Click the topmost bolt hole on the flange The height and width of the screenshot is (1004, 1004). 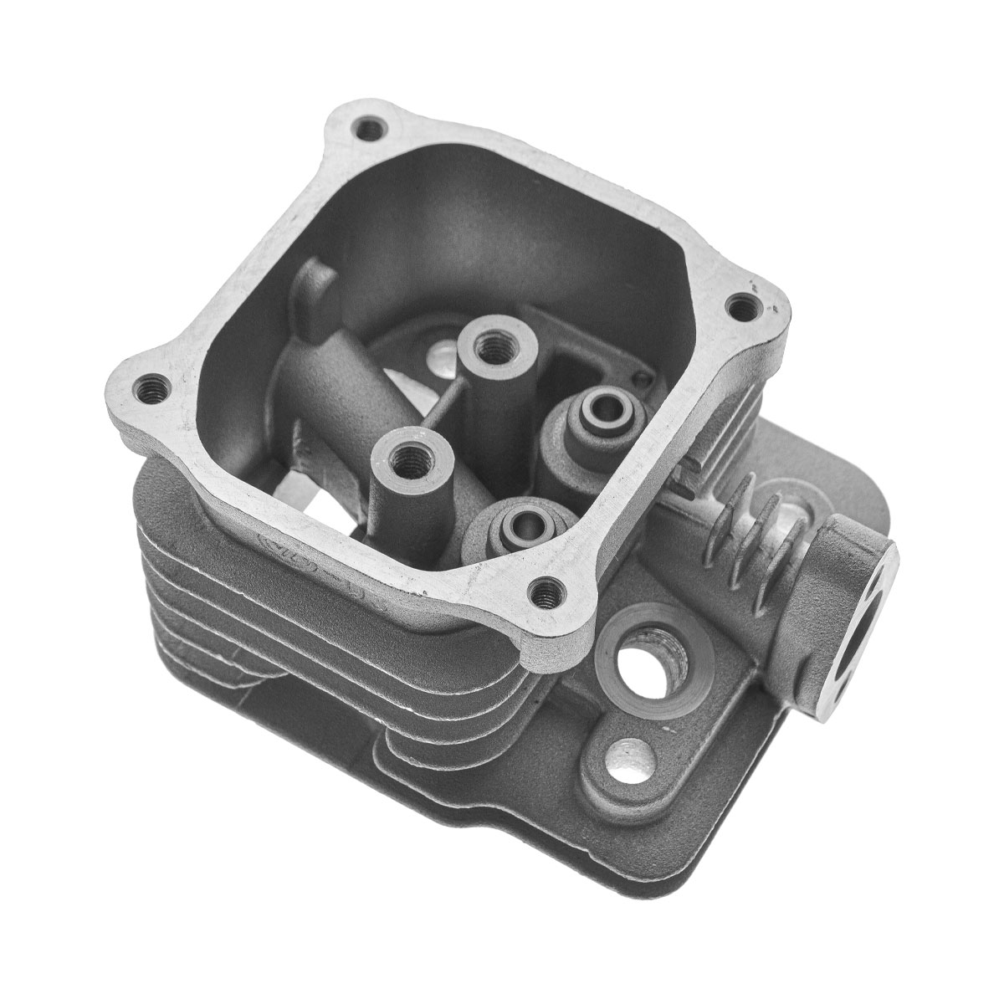click(367, 130)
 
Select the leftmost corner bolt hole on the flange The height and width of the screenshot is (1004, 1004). click(148, 388)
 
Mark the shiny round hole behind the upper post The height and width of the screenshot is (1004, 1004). click(437, 356)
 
